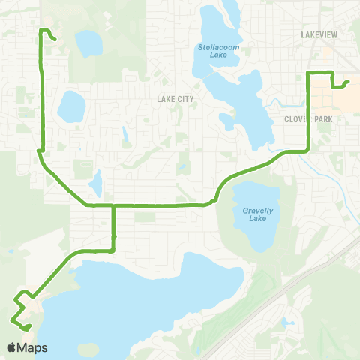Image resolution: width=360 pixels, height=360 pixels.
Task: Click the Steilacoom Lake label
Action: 217,51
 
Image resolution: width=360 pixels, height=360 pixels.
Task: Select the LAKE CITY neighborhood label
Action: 175,98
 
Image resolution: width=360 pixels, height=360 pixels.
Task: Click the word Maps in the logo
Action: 33,347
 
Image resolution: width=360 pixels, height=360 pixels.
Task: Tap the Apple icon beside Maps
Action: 13,347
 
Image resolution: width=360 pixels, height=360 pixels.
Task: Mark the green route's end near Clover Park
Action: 349,82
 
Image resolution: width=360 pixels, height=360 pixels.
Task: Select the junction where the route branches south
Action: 113,204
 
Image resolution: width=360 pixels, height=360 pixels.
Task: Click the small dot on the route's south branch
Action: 113,237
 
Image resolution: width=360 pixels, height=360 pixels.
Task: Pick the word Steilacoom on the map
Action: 217,47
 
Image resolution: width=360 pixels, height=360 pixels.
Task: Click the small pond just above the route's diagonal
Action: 96,182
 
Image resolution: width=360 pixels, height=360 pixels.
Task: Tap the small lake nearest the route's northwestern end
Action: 89,43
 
